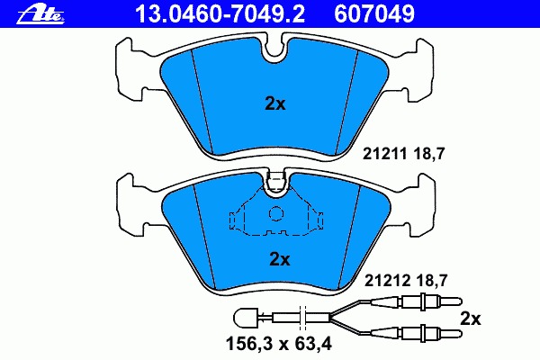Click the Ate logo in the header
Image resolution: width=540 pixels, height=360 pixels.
coord(40,14)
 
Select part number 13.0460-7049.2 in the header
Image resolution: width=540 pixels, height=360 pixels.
coord(220,14)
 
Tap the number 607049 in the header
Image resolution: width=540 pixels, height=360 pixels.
coord(374,14)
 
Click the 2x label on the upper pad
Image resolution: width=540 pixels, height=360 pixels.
coord(275,103)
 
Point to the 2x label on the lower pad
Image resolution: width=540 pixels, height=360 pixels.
coord(280,259)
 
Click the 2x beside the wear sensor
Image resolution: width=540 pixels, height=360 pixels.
coord(471,319)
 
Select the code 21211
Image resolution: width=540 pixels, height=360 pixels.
coord(385,154)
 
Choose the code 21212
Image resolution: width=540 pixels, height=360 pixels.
coord(387,281)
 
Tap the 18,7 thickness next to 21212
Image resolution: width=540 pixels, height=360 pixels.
coord(431,281)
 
